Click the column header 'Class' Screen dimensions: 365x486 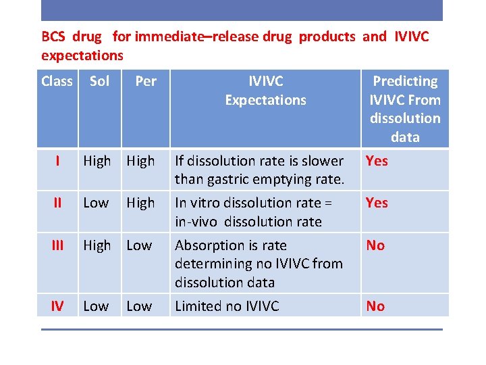tap(57, 81)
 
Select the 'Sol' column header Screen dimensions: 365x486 tap(99, 81)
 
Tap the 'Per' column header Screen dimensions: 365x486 tap(145, 81)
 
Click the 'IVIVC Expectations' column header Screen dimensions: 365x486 tap(265, 91)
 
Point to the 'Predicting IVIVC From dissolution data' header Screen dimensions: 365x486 tap(405, 109)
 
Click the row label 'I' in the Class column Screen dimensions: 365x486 tap(57, 161)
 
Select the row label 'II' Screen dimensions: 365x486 tap(57, 203)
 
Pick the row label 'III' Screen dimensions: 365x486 tap(57, 245)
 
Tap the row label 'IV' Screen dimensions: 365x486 tap(57, 306)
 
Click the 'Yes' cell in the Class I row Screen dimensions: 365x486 tap(377, 161)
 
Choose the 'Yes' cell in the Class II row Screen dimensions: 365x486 tap(377, 203)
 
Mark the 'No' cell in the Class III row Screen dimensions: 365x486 tap(375, 245)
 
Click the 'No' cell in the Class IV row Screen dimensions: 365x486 tap(375, 306)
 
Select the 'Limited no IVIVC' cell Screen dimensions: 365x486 tap(227, 306)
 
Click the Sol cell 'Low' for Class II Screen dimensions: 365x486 tap(96, 203)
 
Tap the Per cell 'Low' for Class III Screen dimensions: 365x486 tap(139, 245)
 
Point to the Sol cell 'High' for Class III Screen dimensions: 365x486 tap(97, 245)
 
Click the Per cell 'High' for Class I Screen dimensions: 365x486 tap(140, 161)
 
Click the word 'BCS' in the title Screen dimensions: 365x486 tap(53, 36)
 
